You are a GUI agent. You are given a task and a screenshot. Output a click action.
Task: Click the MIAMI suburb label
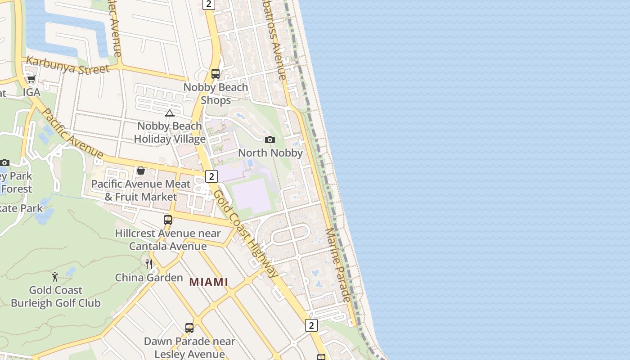209,282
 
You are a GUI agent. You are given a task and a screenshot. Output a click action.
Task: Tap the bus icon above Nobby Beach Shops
216,74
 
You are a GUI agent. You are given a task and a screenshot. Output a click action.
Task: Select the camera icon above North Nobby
270,139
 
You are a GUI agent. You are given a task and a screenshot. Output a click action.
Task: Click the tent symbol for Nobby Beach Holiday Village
170,113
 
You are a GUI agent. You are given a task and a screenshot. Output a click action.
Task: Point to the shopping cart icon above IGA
31,79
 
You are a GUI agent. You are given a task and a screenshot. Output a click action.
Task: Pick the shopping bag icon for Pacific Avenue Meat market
141,171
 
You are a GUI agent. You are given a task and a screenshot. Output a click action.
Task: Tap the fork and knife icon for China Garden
149,264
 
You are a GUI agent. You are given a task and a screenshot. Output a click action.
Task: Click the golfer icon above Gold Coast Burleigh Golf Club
55,277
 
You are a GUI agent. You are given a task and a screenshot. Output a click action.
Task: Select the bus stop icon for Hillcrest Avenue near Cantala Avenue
168,220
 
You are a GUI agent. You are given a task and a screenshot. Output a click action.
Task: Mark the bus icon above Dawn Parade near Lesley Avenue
189,328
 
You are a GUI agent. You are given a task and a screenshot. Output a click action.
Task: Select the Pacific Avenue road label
72,133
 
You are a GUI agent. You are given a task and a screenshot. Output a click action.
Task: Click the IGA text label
31,92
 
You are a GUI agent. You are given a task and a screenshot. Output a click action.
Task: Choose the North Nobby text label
270,153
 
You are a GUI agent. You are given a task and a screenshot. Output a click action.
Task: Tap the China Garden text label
149,278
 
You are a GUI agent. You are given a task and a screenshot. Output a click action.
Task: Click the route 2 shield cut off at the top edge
208,4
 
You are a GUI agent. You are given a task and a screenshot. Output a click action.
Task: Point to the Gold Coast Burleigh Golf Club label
55,297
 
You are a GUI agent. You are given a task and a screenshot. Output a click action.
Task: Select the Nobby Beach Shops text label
216,94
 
